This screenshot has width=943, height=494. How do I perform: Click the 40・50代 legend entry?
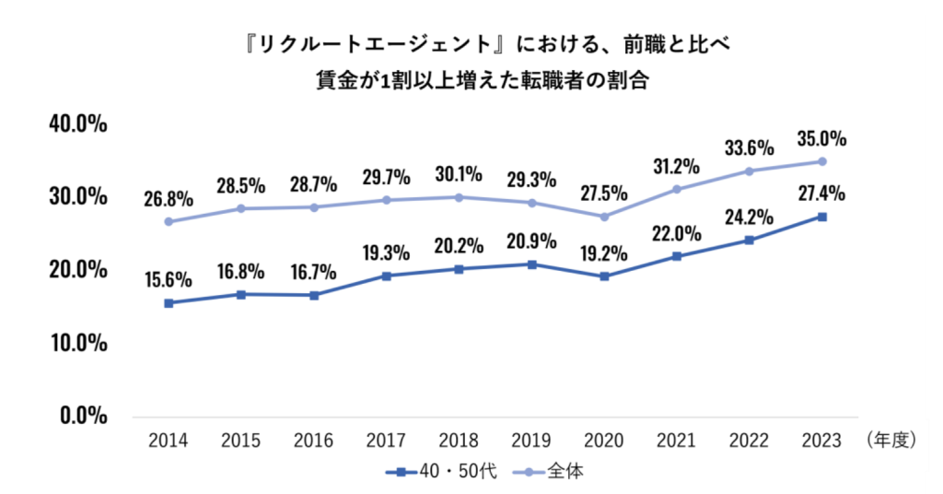tap(441, 471)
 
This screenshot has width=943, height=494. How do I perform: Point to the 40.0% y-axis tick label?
tap(80, 124)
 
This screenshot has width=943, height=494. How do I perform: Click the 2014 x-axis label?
tap(168, 441)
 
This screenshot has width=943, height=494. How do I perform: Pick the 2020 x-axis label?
tap(604, 441)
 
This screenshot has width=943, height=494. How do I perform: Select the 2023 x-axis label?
tap(822, 441)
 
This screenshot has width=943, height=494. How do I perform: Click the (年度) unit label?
tap(891, 441)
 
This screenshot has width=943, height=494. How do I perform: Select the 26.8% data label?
tap(168, 199)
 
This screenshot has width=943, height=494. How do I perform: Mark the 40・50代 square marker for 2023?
tap(822, 218)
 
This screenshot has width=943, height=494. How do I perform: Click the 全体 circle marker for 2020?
tap(604, 217)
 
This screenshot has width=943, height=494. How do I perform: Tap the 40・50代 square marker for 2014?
tap(168, 303)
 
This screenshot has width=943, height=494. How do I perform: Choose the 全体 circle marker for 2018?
tap(459, 197)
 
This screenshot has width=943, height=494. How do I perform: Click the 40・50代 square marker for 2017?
tap(386, 276)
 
